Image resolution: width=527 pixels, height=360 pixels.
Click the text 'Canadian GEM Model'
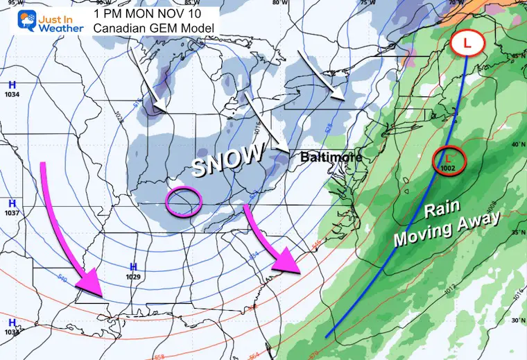[157, 27]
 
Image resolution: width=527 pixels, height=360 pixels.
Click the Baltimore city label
[331, 157]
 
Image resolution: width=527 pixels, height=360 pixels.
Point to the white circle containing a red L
[469, 43]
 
